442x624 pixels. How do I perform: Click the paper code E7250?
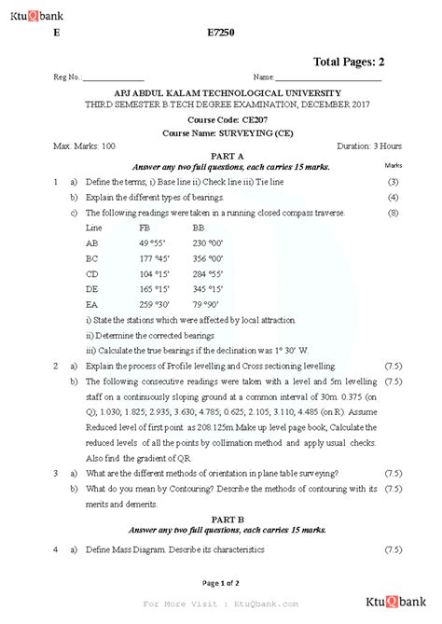point(220,32)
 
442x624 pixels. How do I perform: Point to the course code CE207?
point(220,120)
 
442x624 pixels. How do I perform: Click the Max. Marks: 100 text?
point(85,146)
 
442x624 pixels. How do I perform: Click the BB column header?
point(199,228)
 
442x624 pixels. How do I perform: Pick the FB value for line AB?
point(154,243)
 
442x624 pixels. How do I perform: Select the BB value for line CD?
point(207,274)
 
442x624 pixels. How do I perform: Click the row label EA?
point(92,305)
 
